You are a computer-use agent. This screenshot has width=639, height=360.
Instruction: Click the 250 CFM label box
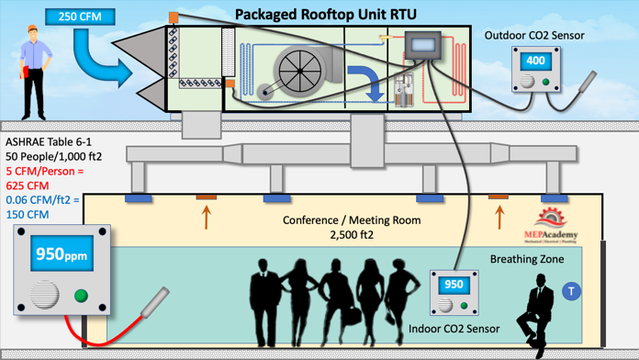(80, 17)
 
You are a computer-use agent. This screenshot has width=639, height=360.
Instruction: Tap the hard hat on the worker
(32, 28)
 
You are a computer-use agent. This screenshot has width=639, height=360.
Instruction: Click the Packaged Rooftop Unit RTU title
(326, 15)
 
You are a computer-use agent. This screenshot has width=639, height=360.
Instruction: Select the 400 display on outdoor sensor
(535, 62)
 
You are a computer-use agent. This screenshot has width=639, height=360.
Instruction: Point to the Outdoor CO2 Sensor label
(534, 36)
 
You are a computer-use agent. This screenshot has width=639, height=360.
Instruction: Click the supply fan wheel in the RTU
(300, 71)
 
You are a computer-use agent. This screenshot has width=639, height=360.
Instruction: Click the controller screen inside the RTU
(423, 44)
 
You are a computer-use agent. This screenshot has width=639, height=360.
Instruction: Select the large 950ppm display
(62, 254)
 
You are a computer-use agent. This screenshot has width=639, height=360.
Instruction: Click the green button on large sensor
(81, 296)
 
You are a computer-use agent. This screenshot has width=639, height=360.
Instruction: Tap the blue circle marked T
(571, 291)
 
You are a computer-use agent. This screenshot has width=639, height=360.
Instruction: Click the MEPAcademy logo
(551, 225)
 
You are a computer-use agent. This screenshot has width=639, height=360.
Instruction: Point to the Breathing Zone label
(527, 259)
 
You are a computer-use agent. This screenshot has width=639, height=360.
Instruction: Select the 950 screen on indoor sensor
(454, 285)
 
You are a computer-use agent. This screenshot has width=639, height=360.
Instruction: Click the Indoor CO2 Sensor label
(454, 329)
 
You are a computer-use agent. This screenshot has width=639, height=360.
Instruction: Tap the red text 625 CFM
(28, 186)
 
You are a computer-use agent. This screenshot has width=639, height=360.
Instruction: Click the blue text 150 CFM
(28, 215)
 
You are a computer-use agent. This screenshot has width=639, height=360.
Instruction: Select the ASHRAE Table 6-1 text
(49, 142)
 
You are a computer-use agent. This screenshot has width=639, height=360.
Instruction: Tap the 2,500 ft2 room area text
(352, 235)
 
